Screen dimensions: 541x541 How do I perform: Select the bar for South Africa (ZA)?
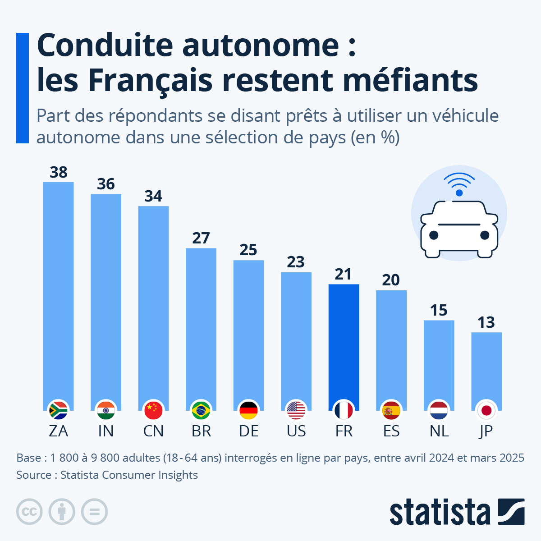point(58,293)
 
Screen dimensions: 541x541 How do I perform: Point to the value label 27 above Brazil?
point(201,238)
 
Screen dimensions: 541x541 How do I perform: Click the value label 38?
point(59,172)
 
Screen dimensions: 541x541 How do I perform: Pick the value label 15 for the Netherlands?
point(439,311)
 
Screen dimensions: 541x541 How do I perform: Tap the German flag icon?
point(248,410)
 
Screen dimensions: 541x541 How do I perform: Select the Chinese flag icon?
point(153,410)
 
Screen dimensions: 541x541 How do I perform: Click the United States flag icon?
point(296,410)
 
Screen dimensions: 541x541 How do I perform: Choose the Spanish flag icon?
point(391,410)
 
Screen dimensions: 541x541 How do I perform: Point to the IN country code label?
point(106,431)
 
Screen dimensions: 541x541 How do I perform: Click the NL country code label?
point(439,431)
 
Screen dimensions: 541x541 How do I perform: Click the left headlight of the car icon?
point(434,235)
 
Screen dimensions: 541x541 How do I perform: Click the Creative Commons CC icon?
point(29,512)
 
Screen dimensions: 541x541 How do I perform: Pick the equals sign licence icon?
point(94,512)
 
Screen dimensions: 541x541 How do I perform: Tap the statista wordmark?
point(440,512)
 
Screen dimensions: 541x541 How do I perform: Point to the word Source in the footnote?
point(33,475)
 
